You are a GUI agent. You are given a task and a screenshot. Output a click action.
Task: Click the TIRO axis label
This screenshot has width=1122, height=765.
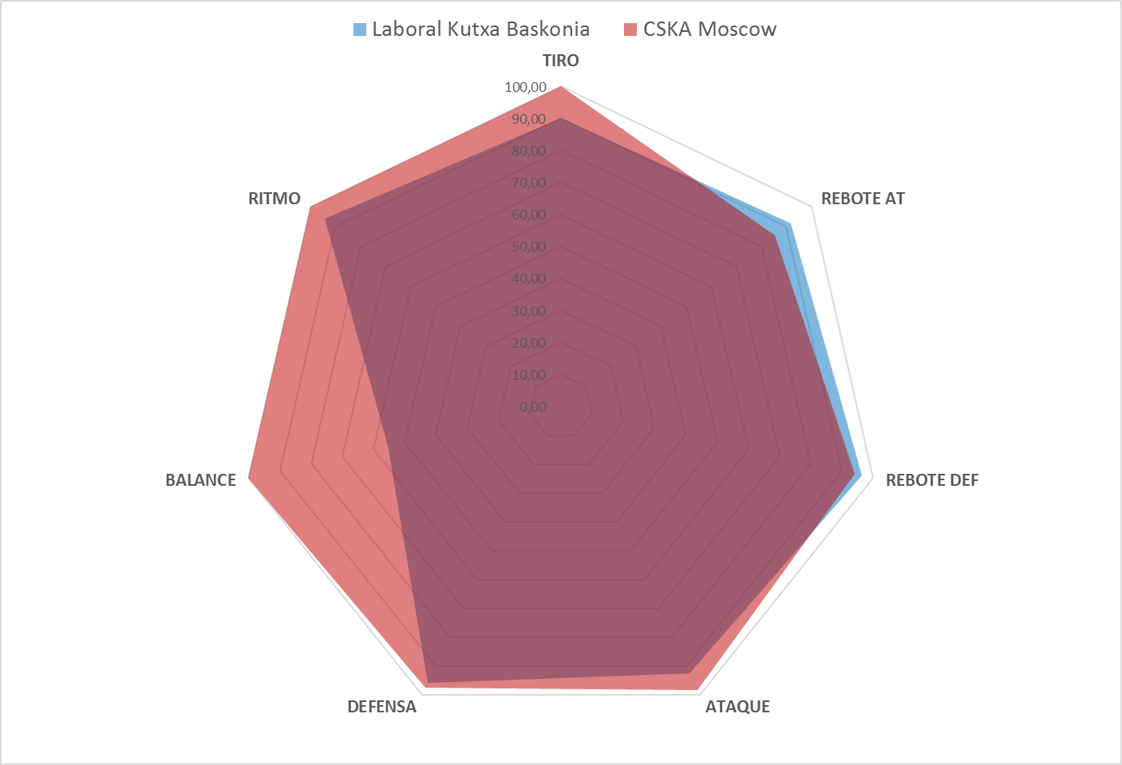(x=560, y=61)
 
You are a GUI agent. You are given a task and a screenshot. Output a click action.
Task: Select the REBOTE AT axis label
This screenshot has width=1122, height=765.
(x=863, y=199)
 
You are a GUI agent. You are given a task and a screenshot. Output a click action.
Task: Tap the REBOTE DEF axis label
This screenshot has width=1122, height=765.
(x=931, y=480)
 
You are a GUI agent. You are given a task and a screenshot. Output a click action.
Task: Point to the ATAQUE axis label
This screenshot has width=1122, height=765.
(x=737, y=707)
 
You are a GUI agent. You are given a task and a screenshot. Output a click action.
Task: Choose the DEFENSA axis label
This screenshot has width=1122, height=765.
(x=381, y=707)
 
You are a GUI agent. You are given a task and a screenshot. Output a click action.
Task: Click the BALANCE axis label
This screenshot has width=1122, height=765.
(x=200, y=480)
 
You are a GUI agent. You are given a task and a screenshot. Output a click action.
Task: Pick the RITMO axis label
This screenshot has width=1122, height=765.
(x=274, y=199)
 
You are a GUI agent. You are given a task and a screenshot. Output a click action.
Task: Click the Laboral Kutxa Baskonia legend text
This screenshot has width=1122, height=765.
(x=480, y=30)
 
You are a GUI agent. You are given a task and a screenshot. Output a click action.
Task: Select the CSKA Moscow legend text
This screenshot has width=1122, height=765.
(x=709, y=30)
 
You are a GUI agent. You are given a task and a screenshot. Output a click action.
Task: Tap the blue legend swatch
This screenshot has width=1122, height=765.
(x=360, y=30)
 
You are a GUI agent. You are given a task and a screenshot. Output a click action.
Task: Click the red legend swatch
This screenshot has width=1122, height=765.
(x=630, y=30)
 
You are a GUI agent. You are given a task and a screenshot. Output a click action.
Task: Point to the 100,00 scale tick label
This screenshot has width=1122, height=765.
(x=525, y=87)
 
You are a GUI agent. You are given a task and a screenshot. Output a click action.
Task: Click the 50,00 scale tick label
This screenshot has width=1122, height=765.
(x=528, y=247)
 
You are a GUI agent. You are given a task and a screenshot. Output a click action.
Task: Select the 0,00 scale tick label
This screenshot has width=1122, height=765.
(x=532, y=408)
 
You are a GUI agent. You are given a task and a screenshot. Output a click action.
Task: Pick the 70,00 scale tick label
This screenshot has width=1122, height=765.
(x=528, y=183)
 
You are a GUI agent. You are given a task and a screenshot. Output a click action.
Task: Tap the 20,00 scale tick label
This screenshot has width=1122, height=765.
(x=528, y=344)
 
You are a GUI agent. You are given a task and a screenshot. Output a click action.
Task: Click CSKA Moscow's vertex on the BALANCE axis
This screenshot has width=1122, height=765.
(x=249, y=478)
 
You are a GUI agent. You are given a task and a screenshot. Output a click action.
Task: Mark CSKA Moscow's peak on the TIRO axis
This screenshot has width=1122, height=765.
(x=561, y=86)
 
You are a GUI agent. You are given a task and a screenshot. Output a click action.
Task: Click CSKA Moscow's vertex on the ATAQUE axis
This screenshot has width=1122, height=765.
(x=698, y=689)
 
